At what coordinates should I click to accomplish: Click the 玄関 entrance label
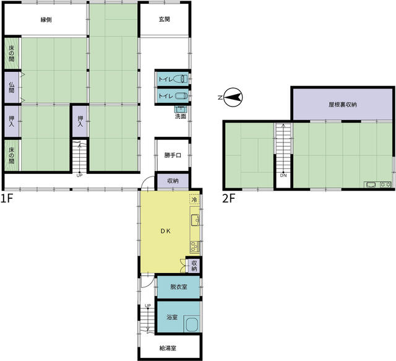(x=164, y=19)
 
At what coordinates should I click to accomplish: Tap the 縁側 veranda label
(x=46, y=20)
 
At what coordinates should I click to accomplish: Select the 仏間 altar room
(x=12, y=87)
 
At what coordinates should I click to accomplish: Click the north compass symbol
(x=233, y=97)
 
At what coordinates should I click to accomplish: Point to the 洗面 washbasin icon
(x=180, y=109)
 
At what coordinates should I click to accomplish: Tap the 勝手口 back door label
(x=173, y=155)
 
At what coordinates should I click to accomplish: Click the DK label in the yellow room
(x=166, y=231)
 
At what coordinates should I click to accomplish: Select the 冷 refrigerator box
(x=194, y=199)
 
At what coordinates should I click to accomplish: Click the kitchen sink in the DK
(x=196, y=220)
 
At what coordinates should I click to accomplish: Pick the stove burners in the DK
(x=194, y=246)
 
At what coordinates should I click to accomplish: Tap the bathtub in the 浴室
(x=192, y=324)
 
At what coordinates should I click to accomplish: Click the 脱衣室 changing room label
(x=179, y=287)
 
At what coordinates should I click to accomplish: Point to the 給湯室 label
(x=168, y=349)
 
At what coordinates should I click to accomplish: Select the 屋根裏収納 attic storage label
(x=342, y=105)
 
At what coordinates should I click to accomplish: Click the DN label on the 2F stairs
(x=283, y=175)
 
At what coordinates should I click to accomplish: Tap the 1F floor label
(x=7, y=198)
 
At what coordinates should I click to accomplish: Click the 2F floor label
(x=228, y=199)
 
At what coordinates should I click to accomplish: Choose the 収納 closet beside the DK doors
(x=194, y=266)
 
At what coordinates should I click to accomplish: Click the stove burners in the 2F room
(x=385, y=185)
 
